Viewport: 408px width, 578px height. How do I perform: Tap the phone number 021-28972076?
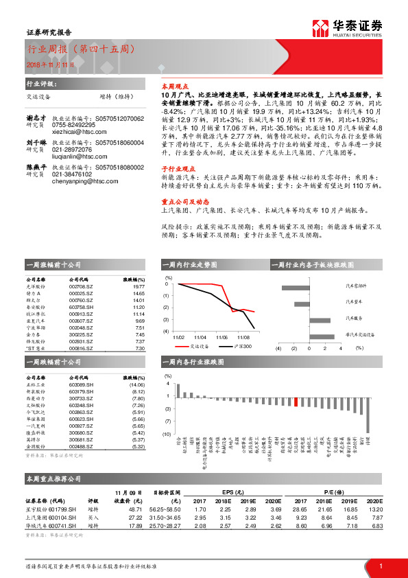[x=71, y=149]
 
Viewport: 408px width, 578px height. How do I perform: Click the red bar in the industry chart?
[x=296, y=402]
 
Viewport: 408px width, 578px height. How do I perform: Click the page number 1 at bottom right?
[x=381, y=566]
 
